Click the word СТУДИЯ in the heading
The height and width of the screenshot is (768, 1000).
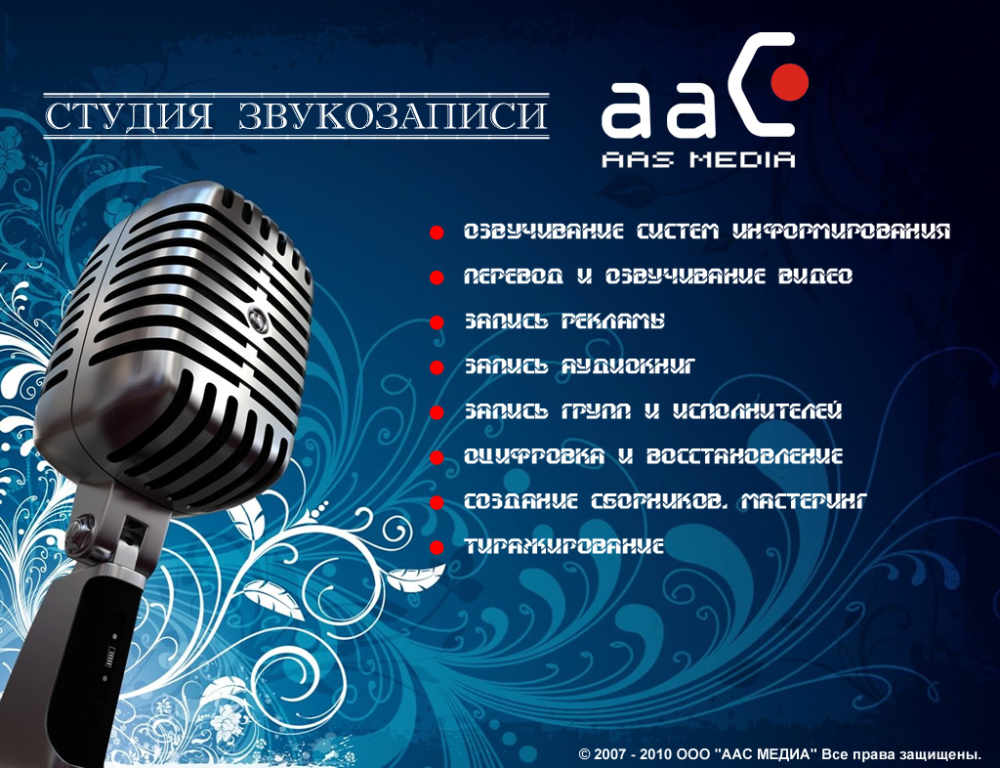click(x=129, y=115)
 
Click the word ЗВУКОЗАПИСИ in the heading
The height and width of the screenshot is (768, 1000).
click(x=393, y=115)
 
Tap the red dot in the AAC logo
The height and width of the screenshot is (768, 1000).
click(x=789, y=82)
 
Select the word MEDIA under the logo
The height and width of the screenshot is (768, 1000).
click(x=743, y=159)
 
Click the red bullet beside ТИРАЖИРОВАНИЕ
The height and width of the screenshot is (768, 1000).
click(x=437, y=547)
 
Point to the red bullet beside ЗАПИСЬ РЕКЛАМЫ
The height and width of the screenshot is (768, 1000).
click(x=437, y=322)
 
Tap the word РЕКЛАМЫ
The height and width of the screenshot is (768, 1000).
click(x=612, y=321)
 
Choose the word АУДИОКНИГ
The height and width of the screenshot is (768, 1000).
click(x=627, y=366)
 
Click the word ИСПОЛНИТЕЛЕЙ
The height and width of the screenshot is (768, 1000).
click(x=758, y=411)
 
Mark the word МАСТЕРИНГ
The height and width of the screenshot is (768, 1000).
click(x=805, y=501)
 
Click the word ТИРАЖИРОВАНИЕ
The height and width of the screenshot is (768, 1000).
click(x=563, y=546)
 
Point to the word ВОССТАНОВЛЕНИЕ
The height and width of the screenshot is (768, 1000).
click(x=744, y=456)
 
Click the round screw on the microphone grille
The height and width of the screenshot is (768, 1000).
click(x=258, y=316)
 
